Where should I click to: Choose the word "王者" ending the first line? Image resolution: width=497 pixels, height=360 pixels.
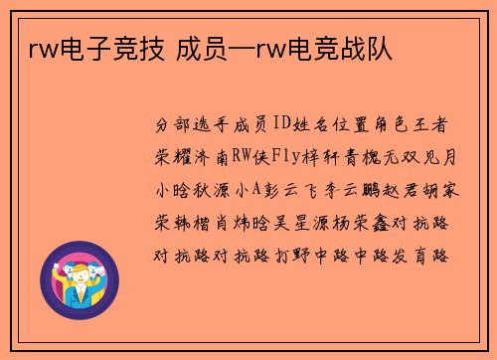tap(439, 125)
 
